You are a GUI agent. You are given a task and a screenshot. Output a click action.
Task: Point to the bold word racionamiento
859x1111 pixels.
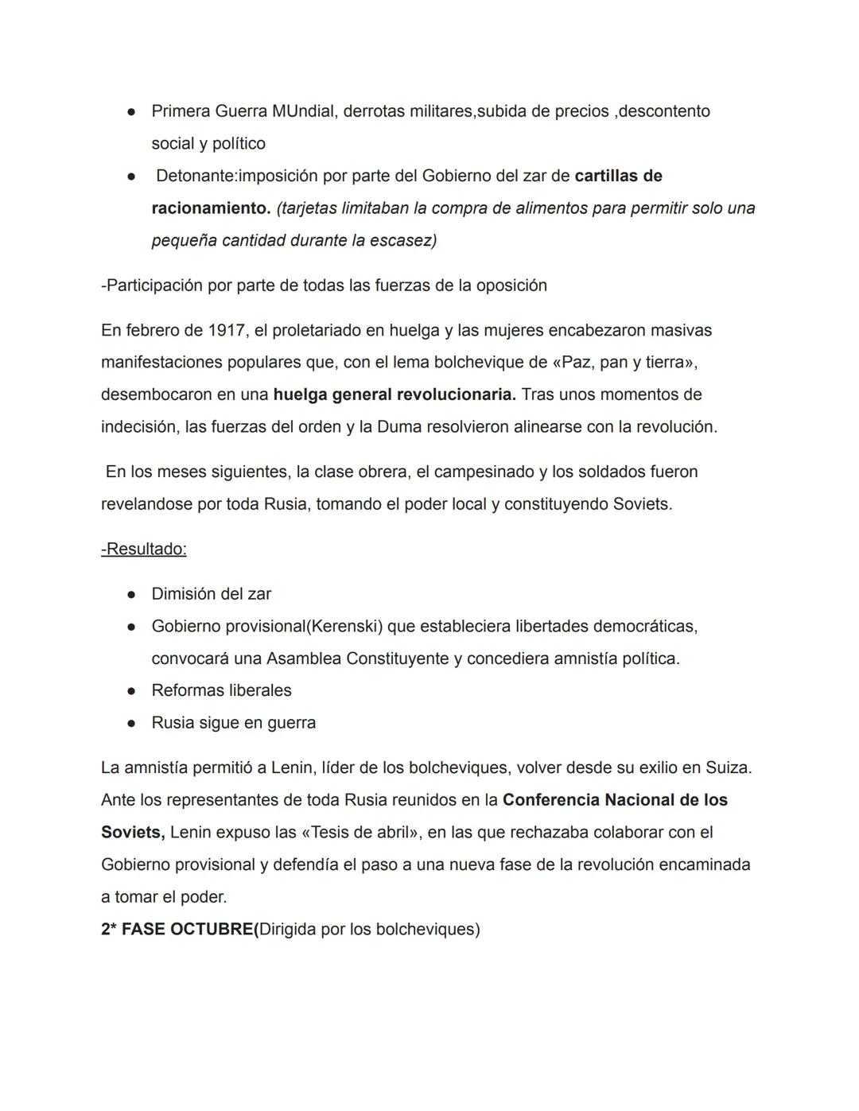click(x=210, y=208)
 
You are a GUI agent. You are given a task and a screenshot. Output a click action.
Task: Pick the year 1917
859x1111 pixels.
click(x=227, y=330)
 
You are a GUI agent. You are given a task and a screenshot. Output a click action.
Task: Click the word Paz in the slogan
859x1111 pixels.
click(x=576, y=363)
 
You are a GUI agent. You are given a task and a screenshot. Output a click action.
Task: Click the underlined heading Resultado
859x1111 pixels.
click(x=146, y=550)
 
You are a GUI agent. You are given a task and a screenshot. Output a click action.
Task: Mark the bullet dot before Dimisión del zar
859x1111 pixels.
click(x=131, y=595)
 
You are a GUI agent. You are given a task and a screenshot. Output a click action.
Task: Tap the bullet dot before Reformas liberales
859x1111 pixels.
click(x=131, y=691)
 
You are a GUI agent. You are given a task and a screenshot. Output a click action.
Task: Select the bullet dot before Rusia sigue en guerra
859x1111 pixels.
click(x=131, y=724)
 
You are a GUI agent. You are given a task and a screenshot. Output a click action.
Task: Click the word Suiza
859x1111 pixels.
click(x=726, y=768)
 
